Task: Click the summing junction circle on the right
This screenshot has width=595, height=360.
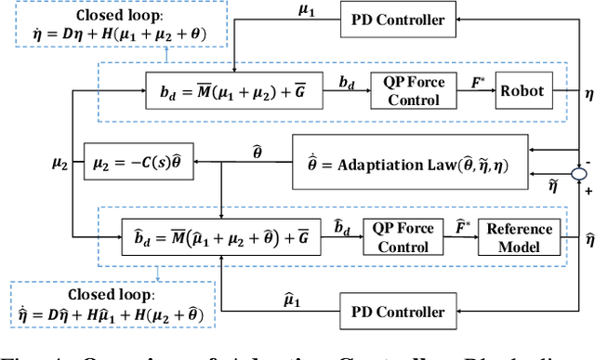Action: coord(579,173)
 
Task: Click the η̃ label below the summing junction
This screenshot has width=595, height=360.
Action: coord(556,189)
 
